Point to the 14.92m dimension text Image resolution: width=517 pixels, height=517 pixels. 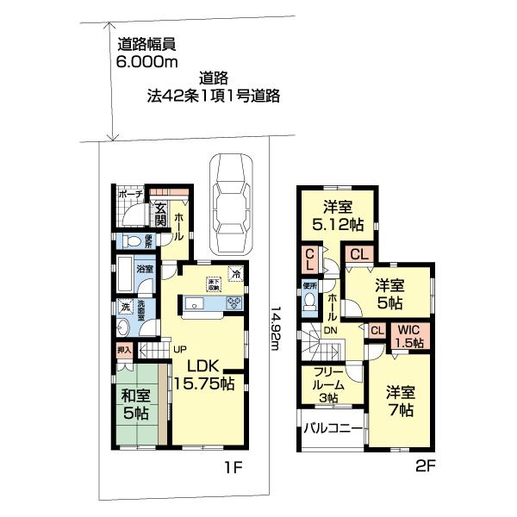(x=274, y=332)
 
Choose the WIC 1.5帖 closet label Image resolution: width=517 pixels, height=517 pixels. (x=408, y=335)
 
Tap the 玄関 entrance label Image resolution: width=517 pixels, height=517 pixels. (x=160, y=213)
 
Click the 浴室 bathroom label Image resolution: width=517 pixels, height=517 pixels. (x=145, y=269)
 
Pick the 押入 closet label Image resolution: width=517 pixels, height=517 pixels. (x=124, y=350)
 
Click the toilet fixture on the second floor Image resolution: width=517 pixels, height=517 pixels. (x=309, y=303)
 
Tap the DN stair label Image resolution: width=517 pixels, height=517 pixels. (x=328, y=328)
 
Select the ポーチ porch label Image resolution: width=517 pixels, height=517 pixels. (x=130, y=195)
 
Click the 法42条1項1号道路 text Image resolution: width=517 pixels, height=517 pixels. (x=214, y=96)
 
